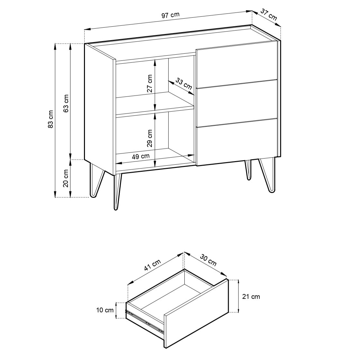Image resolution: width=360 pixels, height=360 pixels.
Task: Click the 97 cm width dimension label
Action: pos(171,15)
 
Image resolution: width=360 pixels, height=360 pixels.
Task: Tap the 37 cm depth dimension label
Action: pos(269,14)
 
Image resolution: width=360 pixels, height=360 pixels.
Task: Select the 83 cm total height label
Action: pos(51,119)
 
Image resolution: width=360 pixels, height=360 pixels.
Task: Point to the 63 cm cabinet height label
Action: pos(66,103)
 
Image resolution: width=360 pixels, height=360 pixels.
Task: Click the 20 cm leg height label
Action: pos(66,179)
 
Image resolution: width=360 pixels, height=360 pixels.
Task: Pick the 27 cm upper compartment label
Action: pos(150,83)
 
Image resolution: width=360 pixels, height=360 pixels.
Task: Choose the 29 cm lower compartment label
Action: pos(150,138)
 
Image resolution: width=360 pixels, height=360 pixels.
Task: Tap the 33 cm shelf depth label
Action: pos(184,84)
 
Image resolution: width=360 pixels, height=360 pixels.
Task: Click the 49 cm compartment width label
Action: pos(141,156)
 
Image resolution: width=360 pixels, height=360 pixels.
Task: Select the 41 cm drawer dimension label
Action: pos(152,265)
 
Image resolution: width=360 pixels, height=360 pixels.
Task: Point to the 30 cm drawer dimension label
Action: pos(208,260)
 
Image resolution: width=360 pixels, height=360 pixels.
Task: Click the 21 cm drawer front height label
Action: pos(251,297)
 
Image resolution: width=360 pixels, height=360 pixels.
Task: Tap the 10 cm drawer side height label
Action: pos(105,310)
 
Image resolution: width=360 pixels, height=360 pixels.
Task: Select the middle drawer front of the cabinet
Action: pos(237,103)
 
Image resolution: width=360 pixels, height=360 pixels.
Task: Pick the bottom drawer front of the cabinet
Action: pos(237,142)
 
